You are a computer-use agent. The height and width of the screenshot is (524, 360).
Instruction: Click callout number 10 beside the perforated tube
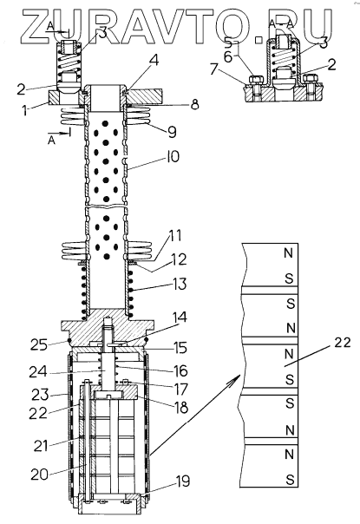click(173, 157)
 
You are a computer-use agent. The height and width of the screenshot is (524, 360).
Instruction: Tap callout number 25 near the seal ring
click(39, 344)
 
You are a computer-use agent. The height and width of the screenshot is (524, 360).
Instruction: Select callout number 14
click(180, 318)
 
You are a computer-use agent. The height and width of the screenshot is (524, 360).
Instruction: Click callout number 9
click(172, 133)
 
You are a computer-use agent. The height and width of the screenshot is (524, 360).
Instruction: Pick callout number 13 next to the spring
click(180, 285)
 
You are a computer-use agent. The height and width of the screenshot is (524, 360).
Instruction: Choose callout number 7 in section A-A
click(214, 70)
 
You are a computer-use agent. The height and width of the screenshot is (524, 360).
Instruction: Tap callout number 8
click(194, 104)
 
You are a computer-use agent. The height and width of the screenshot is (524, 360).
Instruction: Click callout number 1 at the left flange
click(25, 110)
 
